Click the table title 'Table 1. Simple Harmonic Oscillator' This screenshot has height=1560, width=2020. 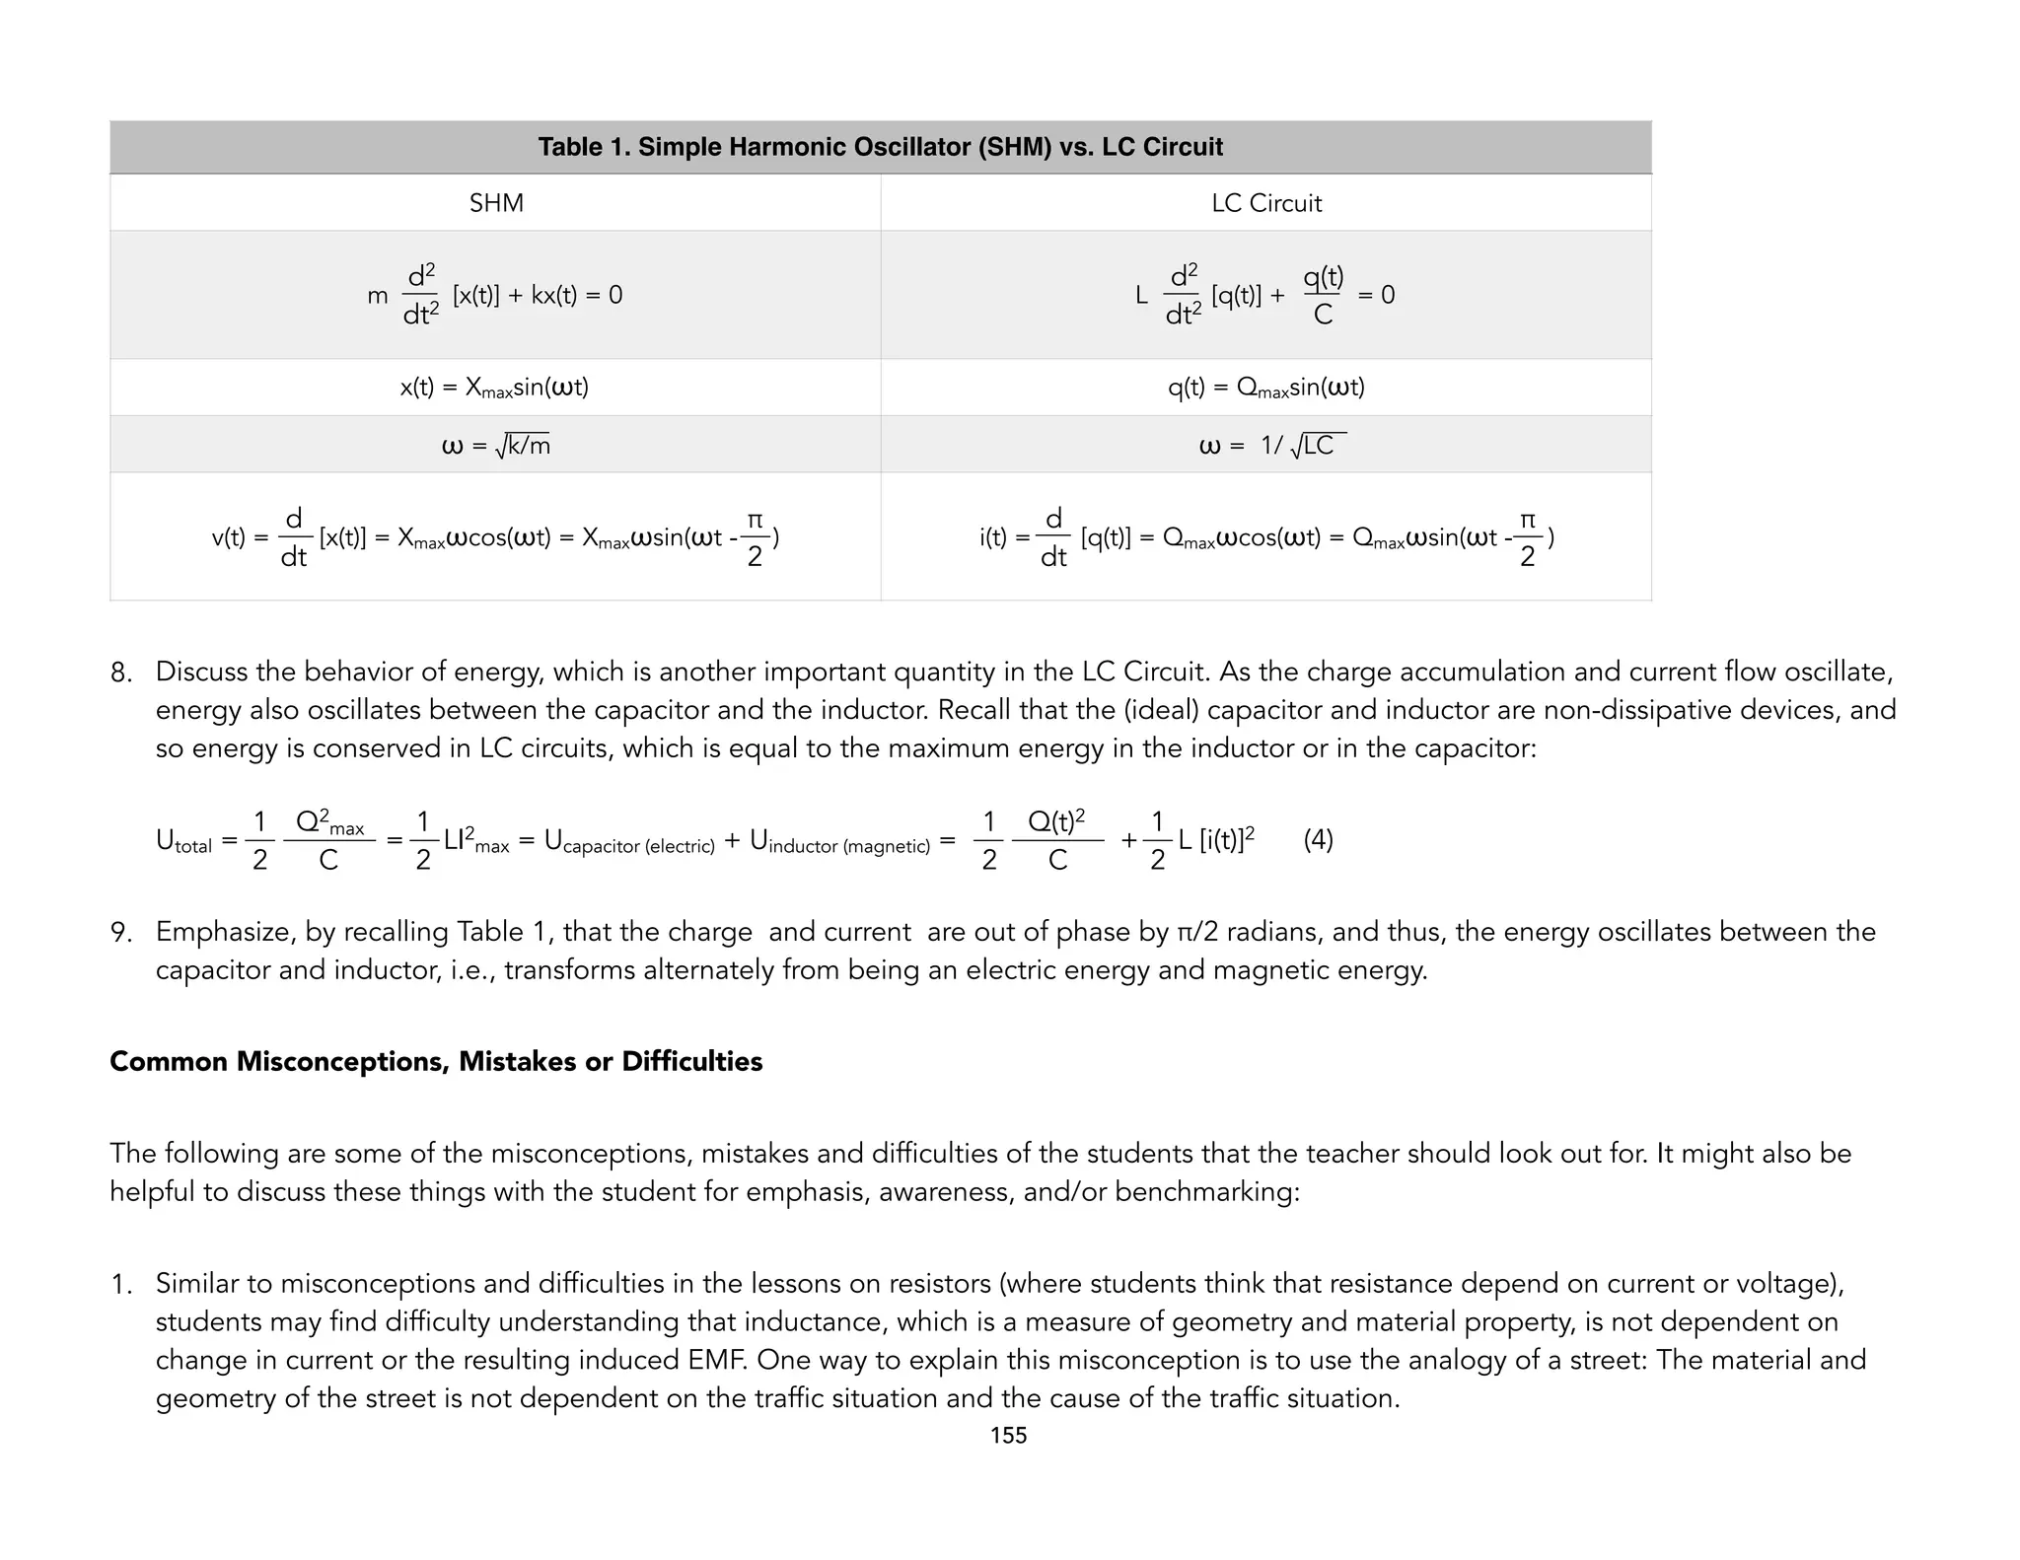click(x=879, y=148)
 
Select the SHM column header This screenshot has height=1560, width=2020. click(x=496, y=203)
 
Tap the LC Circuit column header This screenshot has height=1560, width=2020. click(x=1265, y=203)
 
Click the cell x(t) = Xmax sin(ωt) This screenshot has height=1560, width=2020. click(x=494, y=388)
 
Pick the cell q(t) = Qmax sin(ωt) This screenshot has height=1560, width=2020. click(x=1265, y=388)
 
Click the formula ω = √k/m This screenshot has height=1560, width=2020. click(x=495, y=446)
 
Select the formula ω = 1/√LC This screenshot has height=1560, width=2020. click(x=1271, y=446)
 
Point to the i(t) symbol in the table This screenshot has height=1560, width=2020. click(x=993, y=538)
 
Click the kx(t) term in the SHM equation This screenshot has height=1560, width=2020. click(x=554, y=295)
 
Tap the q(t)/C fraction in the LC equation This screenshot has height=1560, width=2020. click(x=1323, y=295)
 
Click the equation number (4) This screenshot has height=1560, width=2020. click(x=1318, y=840)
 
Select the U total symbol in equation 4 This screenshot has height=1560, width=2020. click(x=183, y=841)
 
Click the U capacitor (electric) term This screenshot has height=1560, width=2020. click(x=629, y=841)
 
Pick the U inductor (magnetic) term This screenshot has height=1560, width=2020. click(x=839, y=841)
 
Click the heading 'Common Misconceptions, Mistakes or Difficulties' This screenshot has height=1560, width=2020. click(x=436, y=1062)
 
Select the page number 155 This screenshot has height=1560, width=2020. click(x=1008, y=1436)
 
